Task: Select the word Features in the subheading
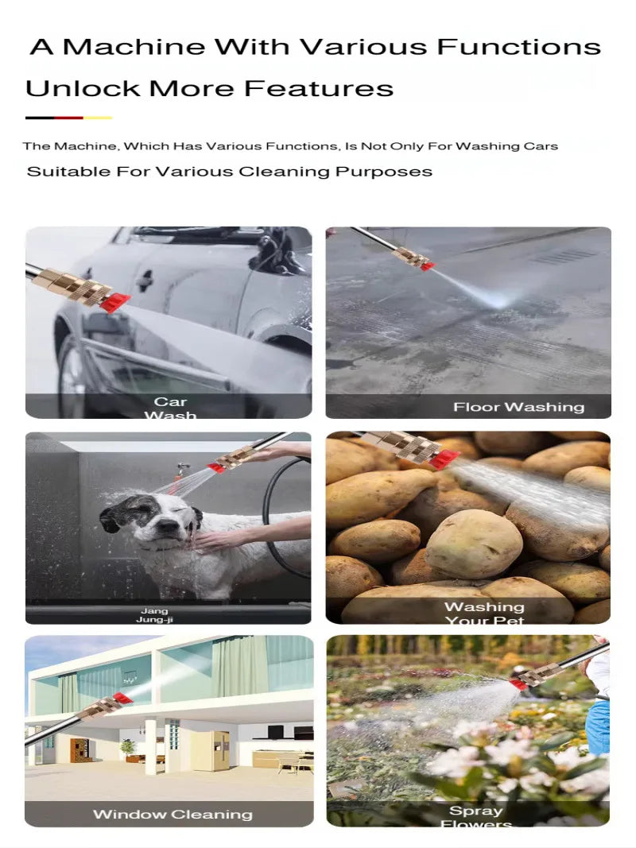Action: pyautogui.click(x=319, y=87)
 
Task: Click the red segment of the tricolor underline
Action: pyautogui.click(x=69, y=118)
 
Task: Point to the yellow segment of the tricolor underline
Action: pyautogui.click(x=98, y=118)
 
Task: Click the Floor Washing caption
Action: pyautogui.click(x=518, y=407)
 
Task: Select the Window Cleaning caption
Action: pyautogui.click(x=173, y=814)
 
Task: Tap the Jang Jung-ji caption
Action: pyautogui.click(x=155, y=615)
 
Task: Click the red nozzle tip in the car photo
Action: pyautogui.click(x=115, y=300)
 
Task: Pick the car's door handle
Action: pyautogui.click(x=145, y=279)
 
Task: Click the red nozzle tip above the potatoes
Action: pyautogui.click(x=444, y=459)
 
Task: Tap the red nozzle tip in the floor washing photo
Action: pyautogui.click(x=427, y=266)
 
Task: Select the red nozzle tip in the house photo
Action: pyautogui.click(x=122, y=699)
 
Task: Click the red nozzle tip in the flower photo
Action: pyautogui.click(x=518, y=683)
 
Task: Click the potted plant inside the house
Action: pyautogui.click(x=127, y=748)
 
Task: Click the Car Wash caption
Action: pyautogui.click(x=170, y=408)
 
